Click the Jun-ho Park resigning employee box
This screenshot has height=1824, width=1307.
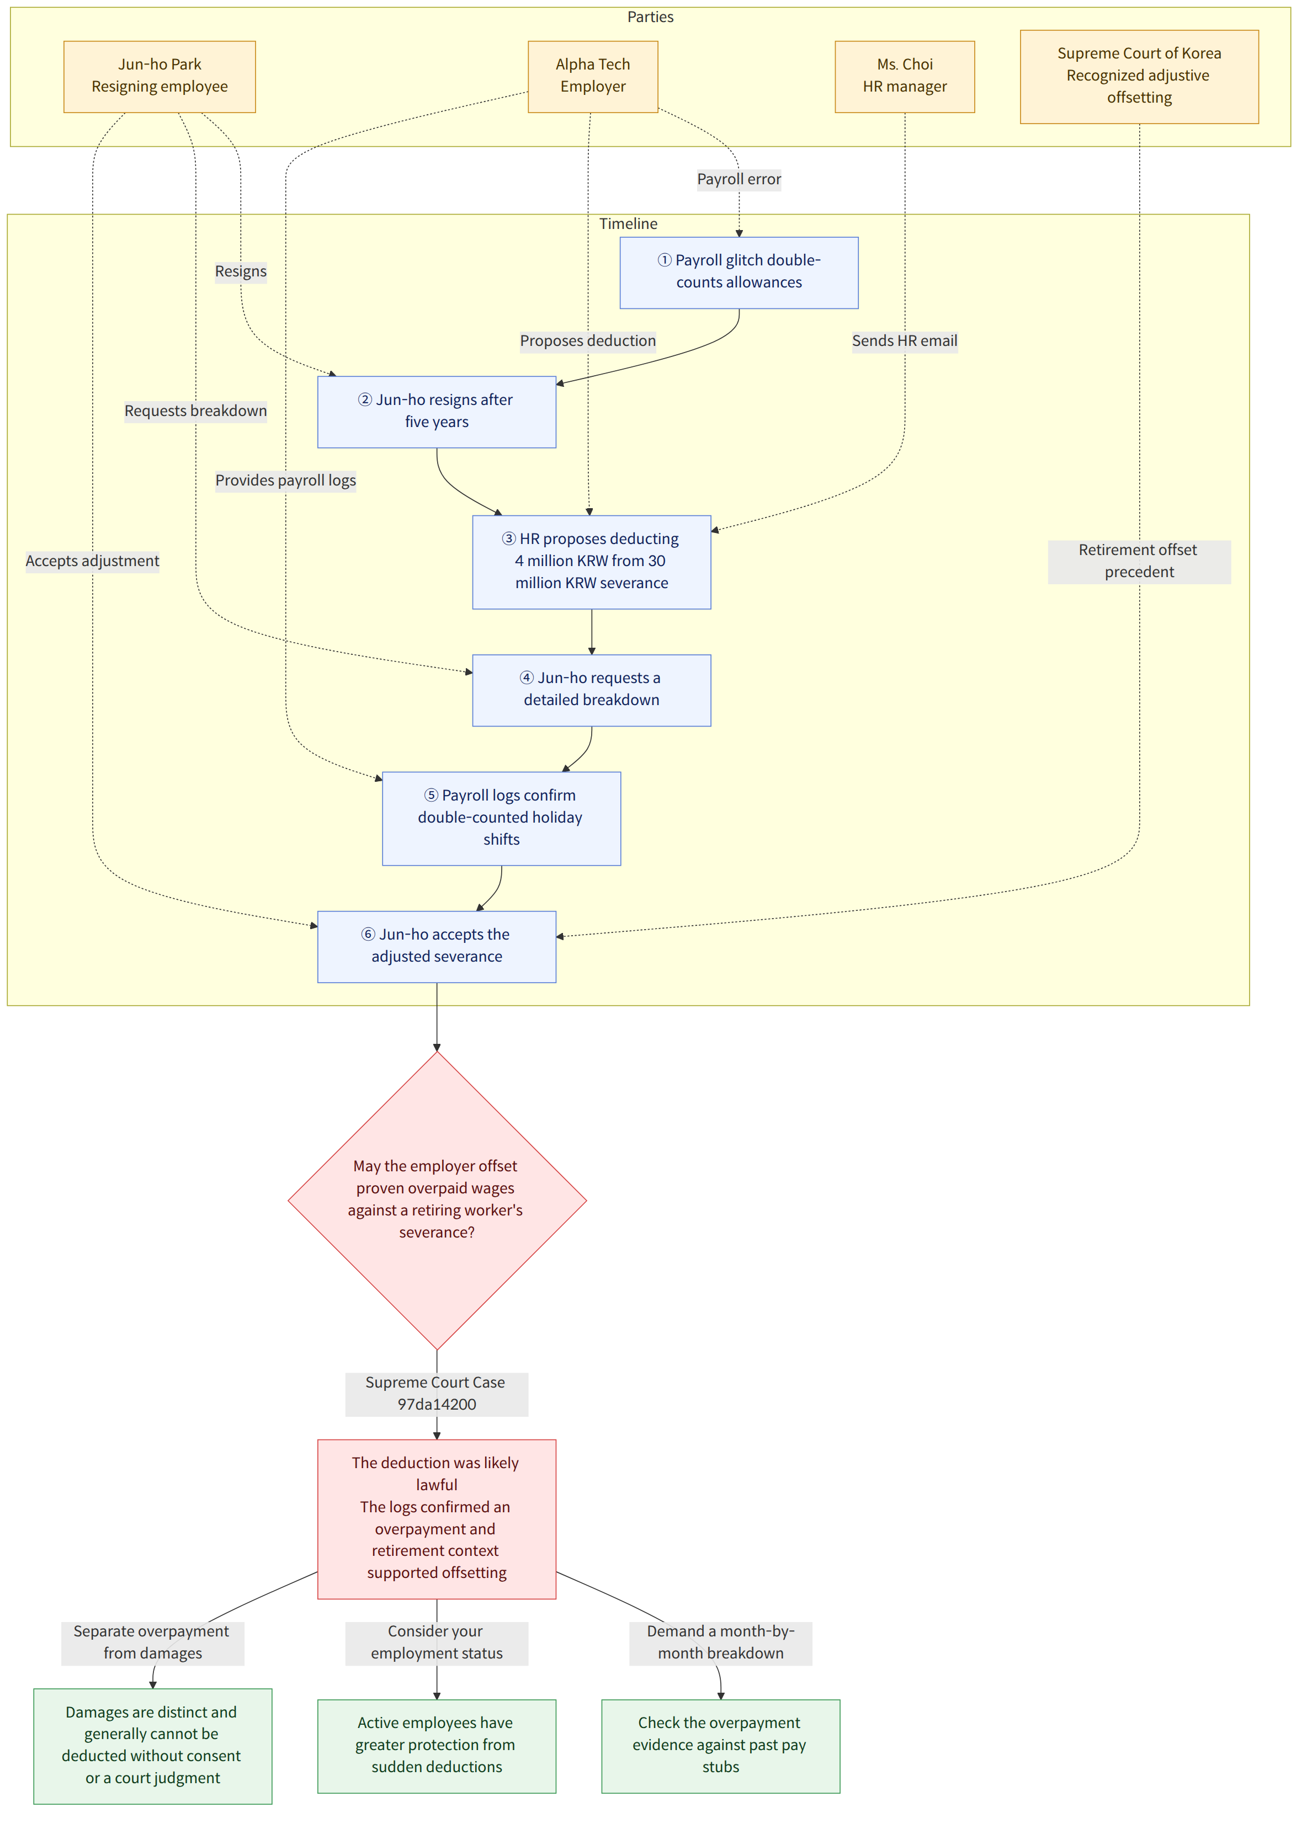tap(160, 76)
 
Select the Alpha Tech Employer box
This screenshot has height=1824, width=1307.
tap(593, 76)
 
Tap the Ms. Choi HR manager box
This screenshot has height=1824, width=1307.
tap(905, 76)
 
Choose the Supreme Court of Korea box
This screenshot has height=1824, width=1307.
tap(1139, 76)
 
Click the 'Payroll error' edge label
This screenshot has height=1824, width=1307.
tap(739, 179)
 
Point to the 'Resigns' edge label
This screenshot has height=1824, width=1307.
tap(241, 272)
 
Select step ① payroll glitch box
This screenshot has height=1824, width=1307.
tap(739, 273)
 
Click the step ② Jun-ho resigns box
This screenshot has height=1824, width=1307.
tap(437, 412)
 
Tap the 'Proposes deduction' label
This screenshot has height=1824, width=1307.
tap(588, 341)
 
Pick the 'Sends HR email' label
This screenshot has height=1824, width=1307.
tap(905, 341)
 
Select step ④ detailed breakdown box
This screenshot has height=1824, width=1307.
tap(592, 690)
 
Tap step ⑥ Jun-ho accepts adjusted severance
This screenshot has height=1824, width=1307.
tap(437, 947)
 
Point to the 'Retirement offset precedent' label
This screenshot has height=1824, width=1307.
tap(1139, 561)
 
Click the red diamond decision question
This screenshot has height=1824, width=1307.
tap(437, 1200)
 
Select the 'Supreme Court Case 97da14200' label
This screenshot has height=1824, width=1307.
tap(437, 1394)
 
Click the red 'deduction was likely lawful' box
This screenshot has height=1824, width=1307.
tap(437, 1518)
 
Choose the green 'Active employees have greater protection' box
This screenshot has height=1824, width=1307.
tap(437, 1745)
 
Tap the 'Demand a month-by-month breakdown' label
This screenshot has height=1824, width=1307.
tap(721, 1642)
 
